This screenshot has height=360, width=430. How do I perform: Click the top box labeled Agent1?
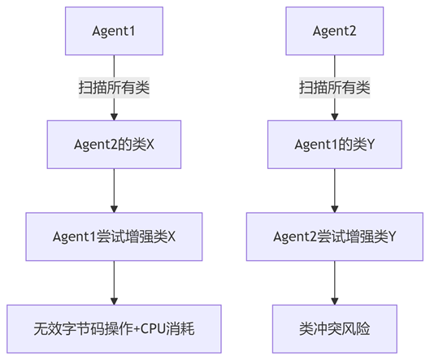pos(114,31)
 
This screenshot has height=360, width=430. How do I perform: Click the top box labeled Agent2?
pos(335,31)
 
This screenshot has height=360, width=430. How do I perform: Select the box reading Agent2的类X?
pos(114,145)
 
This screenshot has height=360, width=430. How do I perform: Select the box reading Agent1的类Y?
pos(335,145)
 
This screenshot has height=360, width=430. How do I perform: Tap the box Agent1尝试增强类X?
pos(114,236)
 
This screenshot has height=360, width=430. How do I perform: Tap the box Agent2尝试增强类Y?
pos(335,236)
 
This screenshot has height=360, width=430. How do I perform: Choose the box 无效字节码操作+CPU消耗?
pos(114,329)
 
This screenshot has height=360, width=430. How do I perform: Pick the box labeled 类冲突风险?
pos(335,329)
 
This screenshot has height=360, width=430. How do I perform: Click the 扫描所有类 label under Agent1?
pos(114,88)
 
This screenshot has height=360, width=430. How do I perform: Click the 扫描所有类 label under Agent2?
pos(335,88)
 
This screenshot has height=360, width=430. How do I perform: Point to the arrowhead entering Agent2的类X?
pos(114,117)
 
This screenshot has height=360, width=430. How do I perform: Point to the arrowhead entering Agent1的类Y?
pos(335,117)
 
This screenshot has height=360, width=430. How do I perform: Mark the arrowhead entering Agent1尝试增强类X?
pos(114,209)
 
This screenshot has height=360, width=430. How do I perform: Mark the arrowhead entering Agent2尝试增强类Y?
pos(335,209)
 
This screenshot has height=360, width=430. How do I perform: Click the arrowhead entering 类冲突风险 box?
pos(335,301)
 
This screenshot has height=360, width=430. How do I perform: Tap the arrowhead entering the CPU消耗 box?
pos(114,301)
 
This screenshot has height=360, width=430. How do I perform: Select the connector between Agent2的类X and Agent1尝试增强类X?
pos(114,190)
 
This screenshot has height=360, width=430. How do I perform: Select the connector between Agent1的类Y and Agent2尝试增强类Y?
pos(335,190)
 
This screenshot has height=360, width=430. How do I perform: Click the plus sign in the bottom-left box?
pos(137,329)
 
